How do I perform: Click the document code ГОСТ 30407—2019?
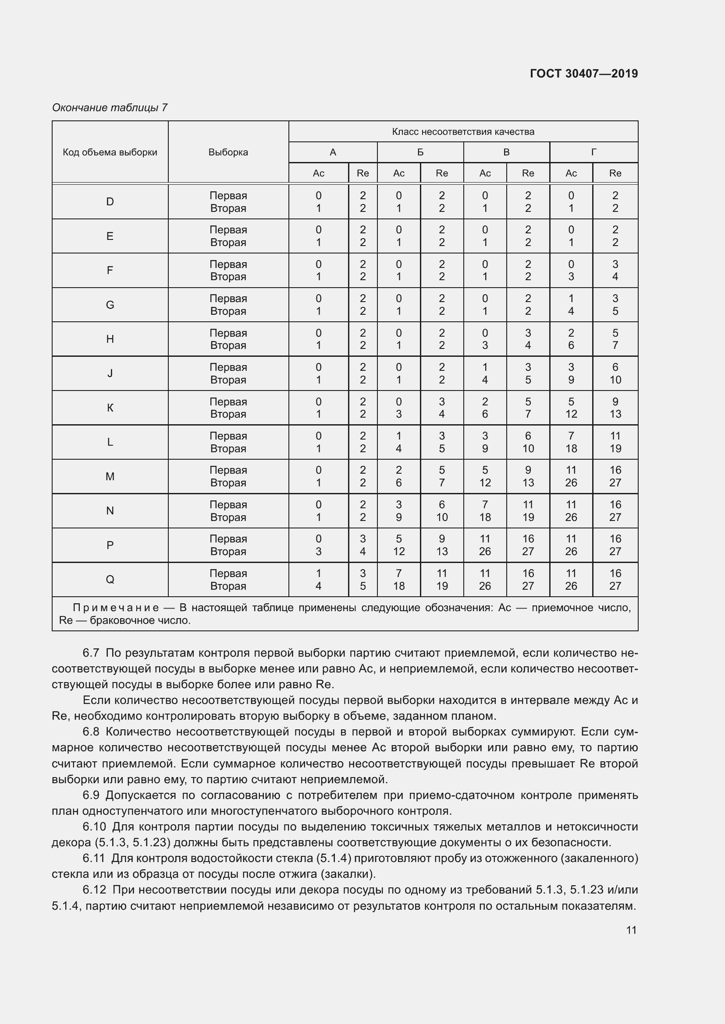coord(583,74)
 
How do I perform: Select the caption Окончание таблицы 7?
coord(110,108)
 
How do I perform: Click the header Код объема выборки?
coord(110,152)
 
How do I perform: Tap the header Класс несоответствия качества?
coord(463,132)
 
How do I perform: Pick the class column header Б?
coord(420,152)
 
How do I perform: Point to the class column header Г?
coord(594,152)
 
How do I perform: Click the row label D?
coord(110,201)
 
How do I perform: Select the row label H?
coord(110,339)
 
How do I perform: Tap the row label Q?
coord(110,579)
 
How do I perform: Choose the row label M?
coord(110,476)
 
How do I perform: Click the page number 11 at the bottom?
coord(631,930)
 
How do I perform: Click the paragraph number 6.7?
coord(91,653)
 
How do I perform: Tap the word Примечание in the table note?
coord(116,608)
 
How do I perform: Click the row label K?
coord(110,408)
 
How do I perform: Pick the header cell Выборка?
coord(228,152)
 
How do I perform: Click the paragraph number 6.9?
coord(91,795)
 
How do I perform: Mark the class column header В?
coord(506,152)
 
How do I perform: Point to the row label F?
coord(110,270)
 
